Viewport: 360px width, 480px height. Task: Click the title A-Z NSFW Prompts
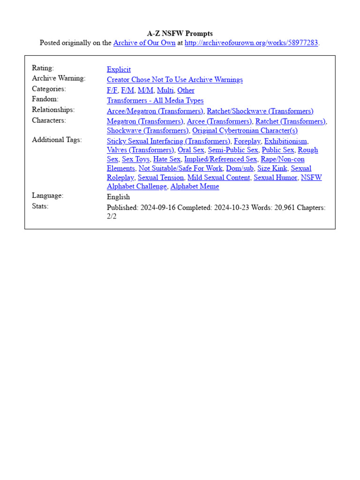pos(180,33)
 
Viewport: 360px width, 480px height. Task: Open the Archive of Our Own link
pos(144,43)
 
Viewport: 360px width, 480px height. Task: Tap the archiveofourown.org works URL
pos(251,43)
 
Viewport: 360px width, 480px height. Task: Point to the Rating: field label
pos(43,68)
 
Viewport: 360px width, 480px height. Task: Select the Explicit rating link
pos(119,69)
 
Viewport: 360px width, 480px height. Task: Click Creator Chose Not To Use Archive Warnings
pos(175,80)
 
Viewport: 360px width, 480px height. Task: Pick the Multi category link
pos(165,90)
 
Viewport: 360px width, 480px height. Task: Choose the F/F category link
pos(112,90)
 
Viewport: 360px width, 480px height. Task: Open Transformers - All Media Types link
pos(155,100)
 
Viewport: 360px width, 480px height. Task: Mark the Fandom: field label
pos(45,99)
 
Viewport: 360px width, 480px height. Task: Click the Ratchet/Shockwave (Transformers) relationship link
pos(260,111)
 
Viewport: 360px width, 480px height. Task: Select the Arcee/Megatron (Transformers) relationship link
pos(155,111)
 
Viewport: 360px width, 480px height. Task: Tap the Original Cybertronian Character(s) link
pos(245,131)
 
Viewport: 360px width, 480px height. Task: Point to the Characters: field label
pos(49,120)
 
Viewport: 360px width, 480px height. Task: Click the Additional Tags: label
pos(57,140)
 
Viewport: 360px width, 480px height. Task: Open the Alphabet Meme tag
pos(195,187)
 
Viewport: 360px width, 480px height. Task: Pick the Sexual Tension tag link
pos(161,178)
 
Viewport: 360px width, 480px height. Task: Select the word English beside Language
pos(118,197)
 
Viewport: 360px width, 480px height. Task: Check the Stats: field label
pos(40,206)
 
